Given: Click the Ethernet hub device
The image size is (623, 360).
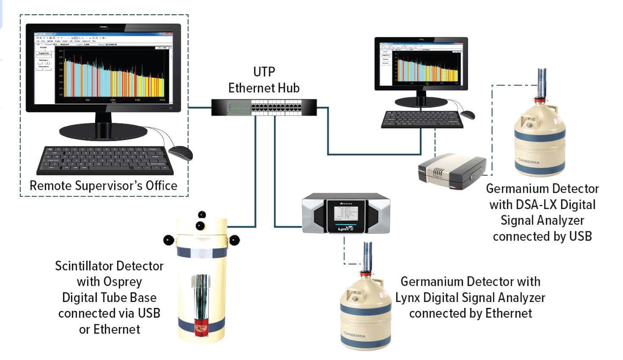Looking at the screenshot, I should coord(265,107).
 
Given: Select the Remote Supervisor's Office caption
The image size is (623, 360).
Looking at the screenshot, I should coord(103,186).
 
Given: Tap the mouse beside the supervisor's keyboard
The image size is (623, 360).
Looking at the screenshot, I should coord(179,153).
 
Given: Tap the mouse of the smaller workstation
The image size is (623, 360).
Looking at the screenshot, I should coord(467,115).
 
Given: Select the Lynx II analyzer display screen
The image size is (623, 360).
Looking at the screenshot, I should coord(346,215).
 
